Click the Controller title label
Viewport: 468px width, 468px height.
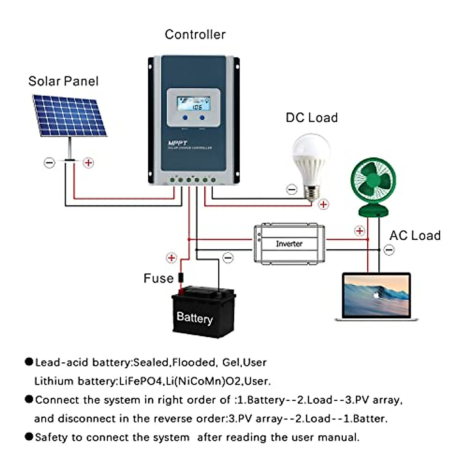195,34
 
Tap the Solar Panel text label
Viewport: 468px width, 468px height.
63,81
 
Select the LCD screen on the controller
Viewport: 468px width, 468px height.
193,104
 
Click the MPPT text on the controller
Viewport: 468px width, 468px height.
177,143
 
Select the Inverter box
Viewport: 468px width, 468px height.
289,243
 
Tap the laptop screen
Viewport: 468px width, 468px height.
376,296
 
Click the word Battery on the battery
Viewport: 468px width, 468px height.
195,317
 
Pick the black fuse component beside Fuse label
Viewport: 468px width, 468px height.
181,278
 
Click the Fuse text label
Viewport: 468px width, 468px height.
158,278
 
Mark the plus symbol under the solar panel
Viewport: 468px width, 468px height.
89,163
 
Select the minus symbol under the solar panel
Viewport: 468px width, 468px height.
49,163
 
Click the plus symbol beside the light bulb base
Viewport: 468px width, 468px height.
323,204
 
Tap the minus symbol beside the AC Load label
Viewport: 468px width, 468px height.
389,250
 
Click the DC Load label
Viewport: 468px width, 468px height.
312,117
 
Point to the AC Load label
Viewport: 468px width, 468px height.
415,235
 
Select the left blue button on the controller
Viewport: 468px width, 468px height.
185,117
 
